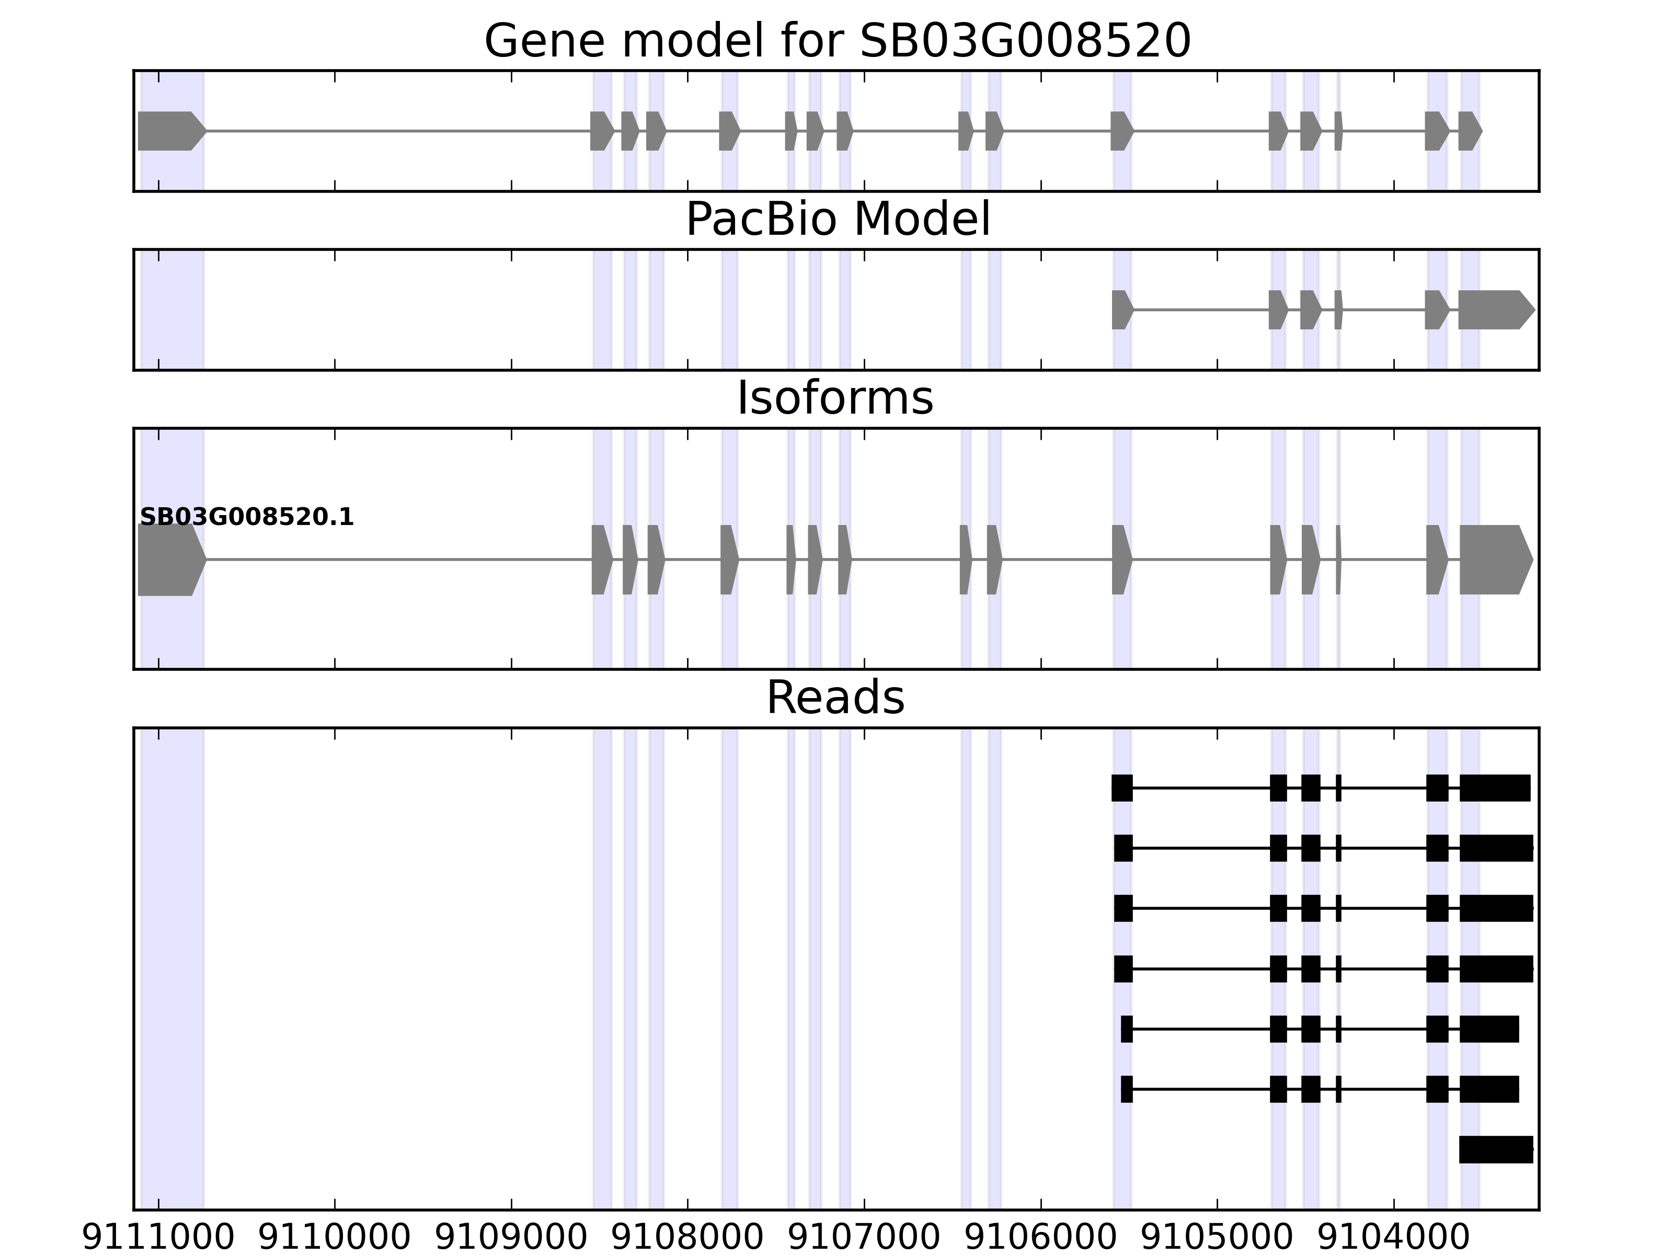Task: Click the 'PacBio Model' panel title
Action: (x=837, y=220)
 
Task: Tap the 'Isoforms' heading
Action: (x=835, y=398)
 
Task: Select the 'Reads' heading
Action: (x=835, y=698)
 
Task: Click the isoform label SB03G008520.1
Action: (x=247, y=518)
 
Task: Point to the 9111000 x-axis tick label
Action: (x=158, y=1238)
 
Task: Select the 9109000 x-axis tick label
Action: (x=511, y=1238)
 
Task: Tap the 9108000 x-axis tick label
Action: (x=687, y=1238)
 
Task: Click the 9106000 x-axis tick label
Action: (x=1041, y=1238)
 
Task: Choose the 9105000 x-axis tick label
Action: (x=1217, y=1238)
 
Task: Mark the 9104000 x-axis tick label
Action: (x=1393, y=1238)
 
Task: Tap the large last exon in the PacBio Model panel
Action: (x=1492, y=310)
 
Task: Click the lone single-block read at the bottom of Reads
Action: (x=1495, y=1149)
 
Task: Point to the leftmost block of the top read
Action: (x=1121, y=788)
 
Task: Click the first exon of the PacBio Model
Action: (x=1121, y=310)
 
